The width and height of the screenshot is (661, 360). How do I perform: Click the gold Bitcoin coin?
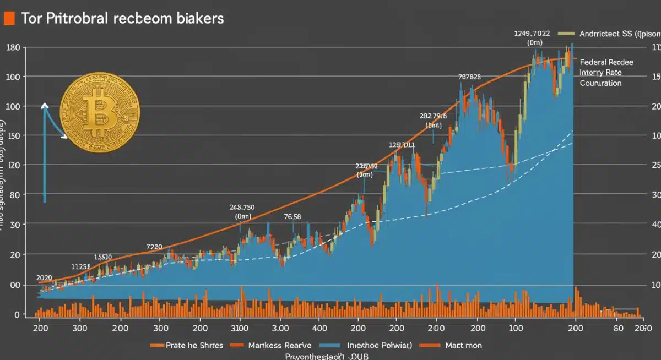(x=100, y=112)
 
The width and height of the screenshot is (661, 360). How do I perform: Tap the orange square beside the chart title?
(x=8, y=18)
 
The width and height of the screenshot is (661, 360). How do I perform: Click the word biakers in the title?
(x=197, y=18)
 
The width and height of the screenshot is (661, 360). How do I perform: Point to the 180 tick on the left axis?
(x=13, y=47)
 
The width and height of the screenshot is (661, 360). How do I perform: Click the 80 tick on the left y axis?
(x=14, y=194)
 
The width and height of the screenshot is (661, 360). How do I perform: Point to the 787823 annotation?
(x=469, y=77)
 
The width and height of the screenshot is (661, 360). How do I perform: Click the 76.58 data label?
(x=292, y=216)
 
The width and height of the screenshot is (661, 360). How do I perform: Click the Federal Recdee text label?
(x=606, y=62)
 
